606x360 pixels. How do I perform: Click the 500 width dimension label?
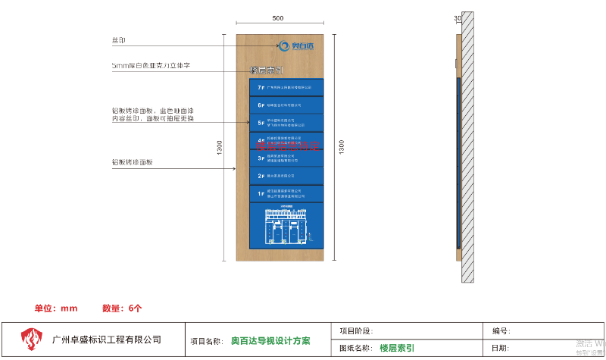(x=278, y=18)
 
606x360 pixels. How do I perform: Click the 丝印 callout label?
(x=119, y=39)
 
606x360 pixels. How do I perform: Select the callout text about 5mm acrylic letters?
(x=150, y=66)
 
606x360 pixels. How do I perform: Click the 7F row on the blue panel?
(x=286, y=87)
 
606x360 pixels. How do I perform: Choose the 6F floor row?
(x=286, y=105)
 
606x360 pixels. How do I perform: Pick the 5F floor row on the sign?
(x=286, y=122)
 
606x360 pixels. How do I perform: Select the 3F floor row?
(x=286, y=158)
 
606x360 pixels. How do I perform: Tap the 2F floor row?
(x=286, y=176)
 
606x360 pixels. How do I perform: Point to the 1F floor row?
(x=286, y=194)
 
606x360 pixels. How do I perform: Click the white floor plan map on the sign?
(x=286, y=225)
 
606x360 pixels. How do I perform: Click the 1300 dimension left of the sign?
(x=218, y=148)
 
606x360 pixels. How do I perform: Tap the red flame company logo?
(x=31, y=340)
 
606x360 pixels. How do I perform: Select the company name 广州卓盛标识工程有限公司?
(x=107, y=340)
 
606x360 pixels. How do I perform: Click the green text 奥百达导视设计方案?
(x=270, y=341)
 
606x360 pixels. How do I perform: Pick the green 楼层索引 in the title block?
(x=396, y=348)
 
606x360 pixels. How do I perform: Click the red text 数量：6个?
(x=122, y=308)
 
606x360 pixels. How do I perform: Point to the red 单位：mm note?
(x=56, y=308)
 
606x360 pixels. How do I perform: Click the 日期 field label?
(x=500, y=348)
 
